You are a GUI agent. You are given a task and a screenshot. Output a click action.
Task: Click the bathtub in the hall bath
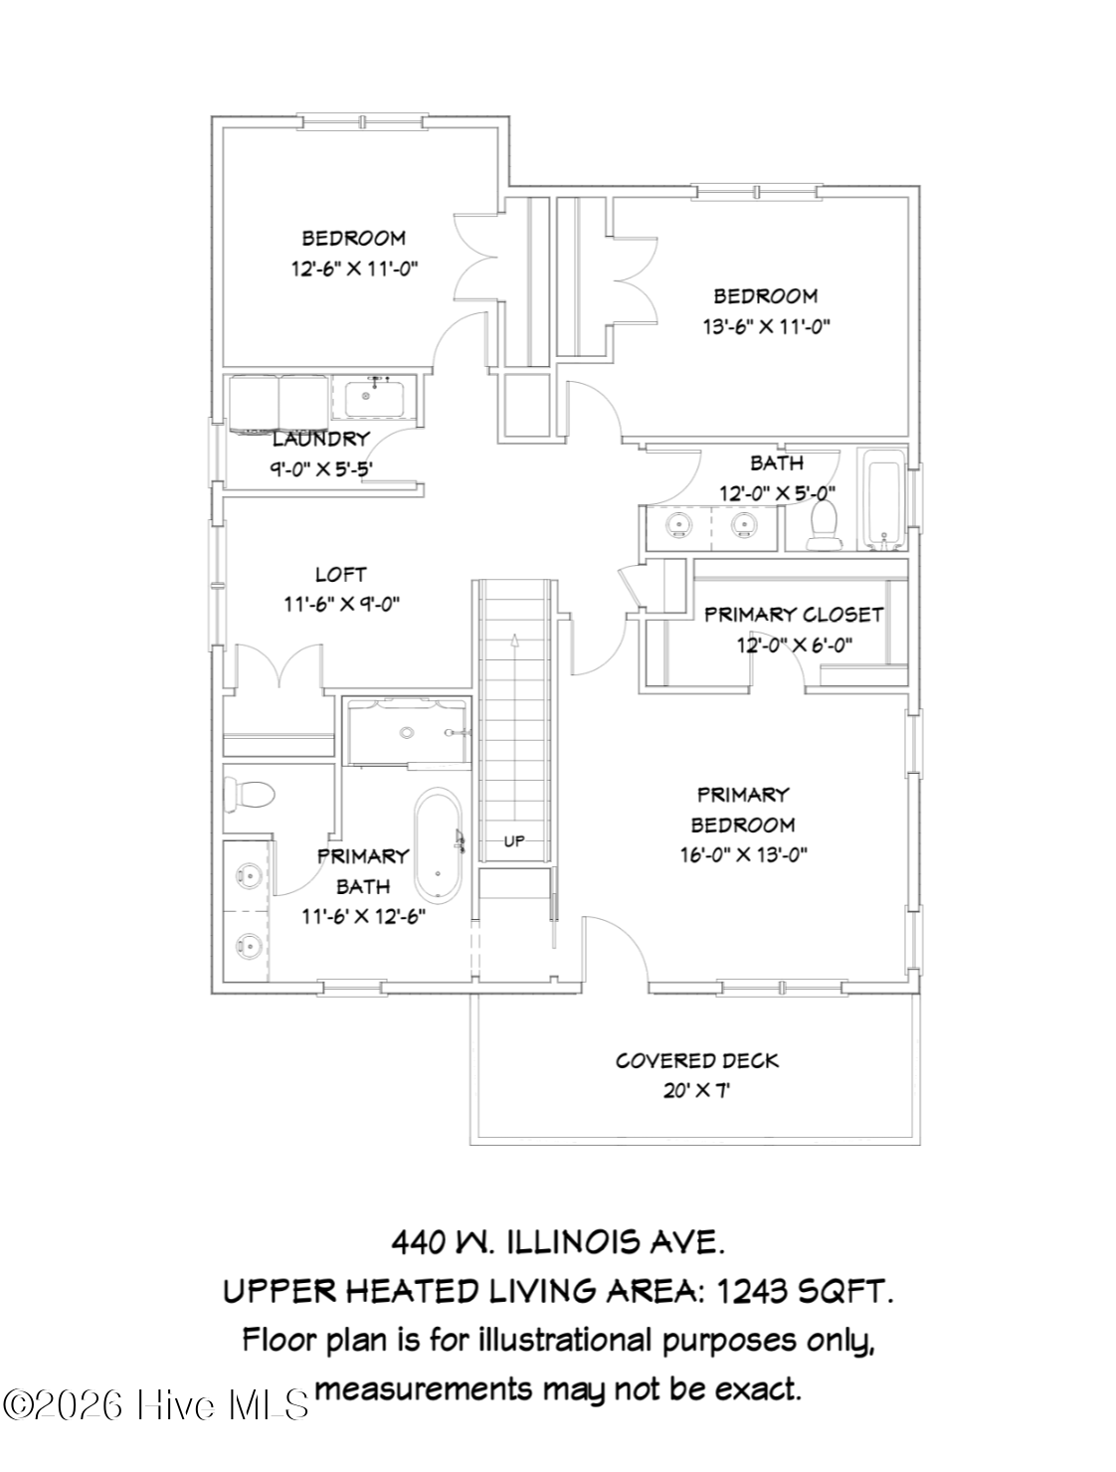(884, 500)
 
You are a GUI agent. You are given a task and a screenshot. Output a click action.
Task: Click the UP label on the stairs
(514, 841)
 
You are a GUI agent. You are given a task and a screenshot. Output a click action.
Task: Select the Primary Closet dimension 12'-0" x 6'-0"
(794, 645)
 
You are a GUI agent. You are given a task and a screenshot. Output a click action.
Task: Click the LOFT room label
(340, 574)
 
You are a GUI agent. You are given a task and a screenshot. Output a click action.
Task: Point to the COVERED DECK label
(696, 1060)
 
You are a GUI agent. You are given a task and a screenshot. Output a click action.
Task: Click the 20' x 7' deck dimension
(696, 1091)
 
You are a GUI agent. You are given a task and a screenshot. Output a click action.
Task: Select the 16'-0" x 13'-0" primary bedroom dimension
(743, 854)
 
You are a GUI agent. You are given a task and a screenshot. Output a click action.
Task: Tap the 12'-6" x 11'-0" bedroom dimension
(354, 269)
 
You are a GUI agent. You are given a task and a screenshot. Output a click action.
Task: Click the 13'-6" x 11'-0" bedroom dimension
(765, 326)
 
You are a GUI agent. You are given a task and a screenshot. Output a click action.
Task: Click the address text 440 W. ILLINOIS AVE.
(558, 1242)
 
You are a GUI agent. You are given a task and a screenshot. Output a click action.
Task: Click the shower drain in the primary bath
(406, 733)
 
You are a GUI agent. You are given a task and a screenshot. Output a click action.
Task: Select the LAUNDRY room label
(320, 439)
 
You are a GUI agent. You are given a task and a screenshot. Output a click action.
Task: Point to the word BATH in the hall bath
(776, 462)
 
